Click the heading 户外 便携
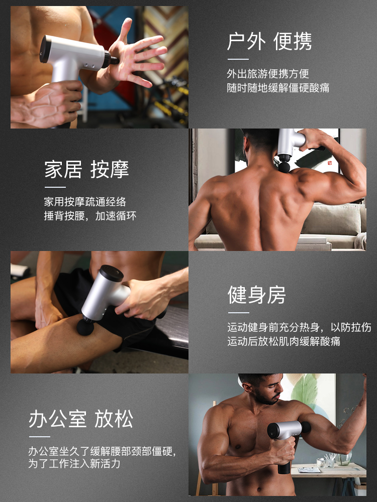coord(269,41)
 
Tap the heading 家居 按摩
coord(86,169)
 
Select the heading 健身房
coord(256,295)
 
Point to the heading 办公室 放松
coord(81,419)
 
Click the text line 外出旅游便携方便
coord(268,74)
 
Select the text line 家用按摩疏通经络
coord(85,202)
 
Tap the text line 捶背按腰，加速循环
coord(90,216)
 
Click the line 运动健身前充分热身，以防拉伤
coord(300,327)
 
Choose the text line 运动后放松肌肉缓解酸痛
coord(284,341)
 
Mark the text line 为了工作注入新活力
coord(74,463)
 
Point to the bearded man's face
coord(268,391)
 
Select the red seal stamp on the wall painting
coord(330,163)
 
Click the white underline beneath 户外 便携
coord(238,59)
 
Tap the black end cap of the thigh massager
coord(111,273)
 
